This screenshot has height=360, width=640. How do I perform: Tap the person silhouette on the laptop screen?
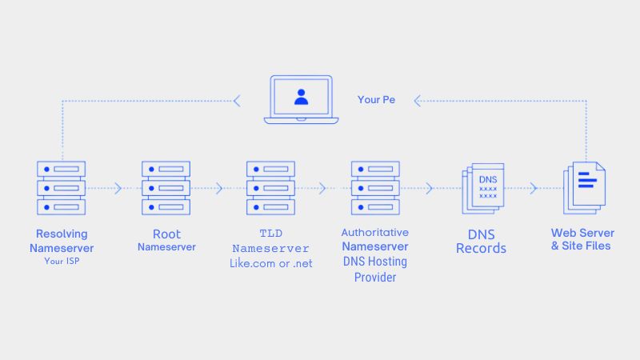pos(301,98)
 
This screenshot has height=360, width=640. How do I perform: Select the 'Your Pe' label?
pos(376,100)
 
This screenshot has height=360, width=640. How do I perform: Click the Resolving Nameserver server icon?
pos(61,188)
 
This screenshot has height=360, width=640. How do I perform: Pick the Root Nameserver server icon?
pos(166,188)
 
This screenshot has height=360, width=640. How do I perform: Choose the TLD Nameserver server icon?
pos(271,188)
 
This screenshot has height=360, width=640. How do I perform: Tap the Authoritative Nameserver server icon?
pos(375,188)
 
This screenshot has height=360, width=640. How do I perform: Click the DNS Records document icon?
pos(482,189)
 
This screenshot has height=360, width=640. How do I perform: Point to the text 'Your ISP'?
pos(62,261)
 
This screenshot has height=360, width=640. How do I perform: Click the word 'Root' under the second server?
pos(166,234)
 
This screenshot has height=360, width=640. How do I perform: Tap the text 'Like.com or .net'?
pos(271,262)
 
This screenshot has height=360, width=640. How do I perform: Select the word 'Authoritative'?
pos(375,233)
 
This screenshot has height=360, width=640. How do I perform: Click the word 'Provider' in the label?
pos(375,277)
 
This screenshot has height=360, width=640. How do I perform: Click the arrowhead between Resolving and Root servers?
pos(118,189)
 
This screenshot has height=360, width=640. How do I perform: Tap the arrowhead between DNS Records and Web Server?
pos(533,189)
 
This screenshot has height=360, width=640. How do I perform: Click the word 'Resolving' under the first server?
pos(62,234)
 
